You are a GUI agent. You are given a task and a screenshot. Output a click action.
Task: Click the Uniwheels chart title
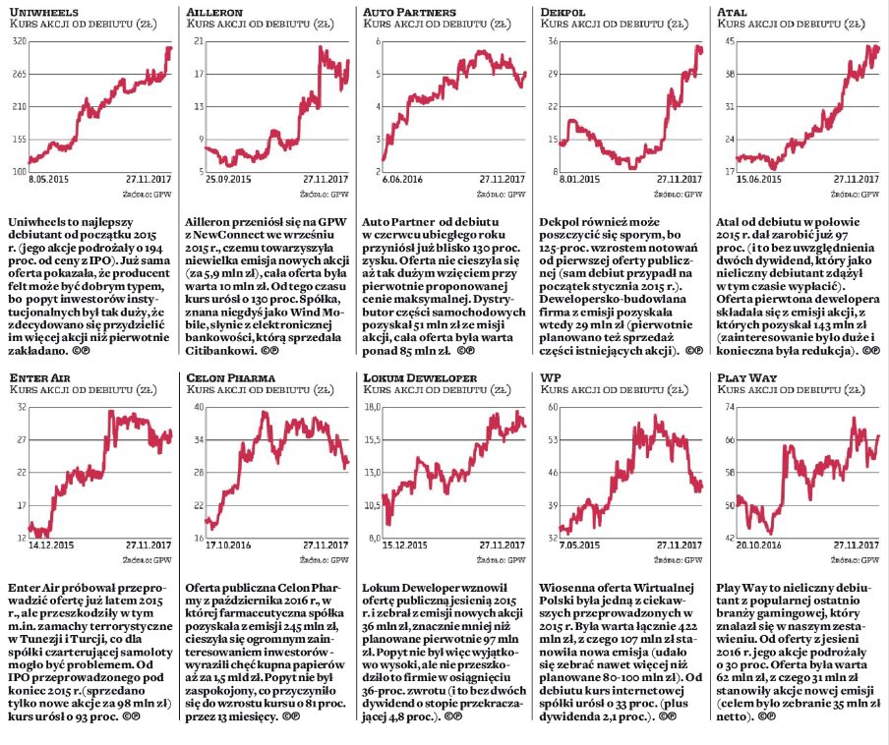pos(43,12)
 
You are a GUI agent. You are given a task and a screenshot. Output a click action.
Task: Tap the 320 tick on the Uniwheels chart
pos(19,41)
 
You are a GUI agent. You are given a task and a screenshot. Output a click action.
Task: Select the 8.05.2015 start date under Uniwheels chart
pos(49,179)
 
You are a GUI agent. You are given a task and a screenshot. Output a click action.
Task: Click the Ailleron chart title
pos(214,12)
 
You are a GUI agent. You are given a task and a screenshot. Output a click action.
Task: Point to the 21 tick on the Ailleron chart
pos(199,41)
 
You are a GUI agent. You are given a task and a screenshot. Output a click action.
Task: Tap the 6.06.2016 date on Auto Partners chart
pos(402,179)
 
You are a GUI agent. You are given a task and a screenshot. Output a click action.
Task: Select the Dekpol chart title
pos(563,12)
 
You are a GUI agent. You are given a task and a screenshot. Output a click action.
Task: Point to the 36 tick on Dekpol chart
pos(553,41)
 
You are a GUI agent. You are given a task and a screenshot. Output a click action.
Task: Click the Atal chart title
pos(732,12)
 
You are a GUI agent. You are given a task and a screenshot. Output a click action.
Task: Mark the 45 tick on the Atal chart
pos(730,41)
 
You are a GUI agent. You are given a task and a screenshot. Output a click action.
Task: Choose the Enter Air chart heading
pos(39,377)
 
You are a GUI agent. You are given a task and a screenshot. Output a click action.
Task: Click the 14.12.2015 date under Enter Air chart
pos(51,545)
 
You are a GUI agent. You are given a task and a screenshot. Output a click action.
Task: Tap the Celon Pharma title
pos(231,377)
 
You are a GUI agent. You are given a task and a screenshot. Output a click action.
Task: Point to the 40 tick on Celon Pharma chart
pos(199,407)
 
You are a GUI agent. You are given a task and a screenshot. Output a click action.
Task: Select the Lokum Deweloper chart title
pos(420,377)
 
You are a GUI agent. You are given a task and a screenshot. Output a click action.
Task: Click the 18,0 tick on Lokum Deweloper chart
pos(372,407)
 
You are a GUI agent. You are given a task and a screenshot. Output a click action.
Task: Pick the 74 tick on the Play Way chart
pos(730,407)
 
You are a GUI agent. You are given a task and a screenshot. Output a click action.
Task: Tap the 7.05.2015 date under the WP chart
pos(579,545)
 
